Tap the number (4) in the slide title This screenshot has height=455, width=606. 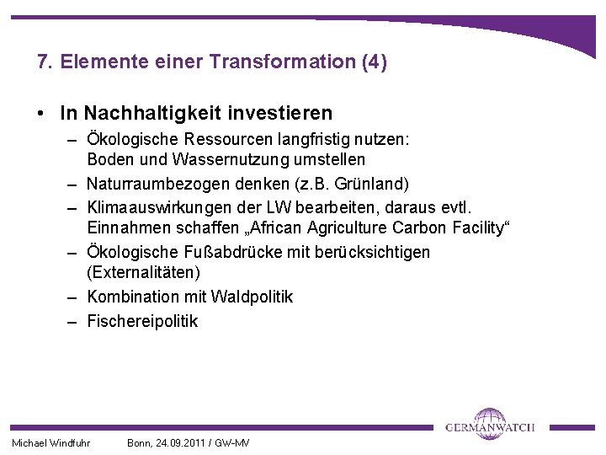coord(372,62)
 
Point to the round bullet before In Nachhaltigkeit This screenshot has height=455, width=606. coord(41,113)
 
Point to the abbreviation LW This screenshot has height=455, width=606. coord(299,206)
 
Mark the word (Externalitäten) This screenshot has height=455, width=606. coord(143,273)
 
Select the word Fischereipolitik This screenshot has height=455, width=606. coord(142,320)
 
